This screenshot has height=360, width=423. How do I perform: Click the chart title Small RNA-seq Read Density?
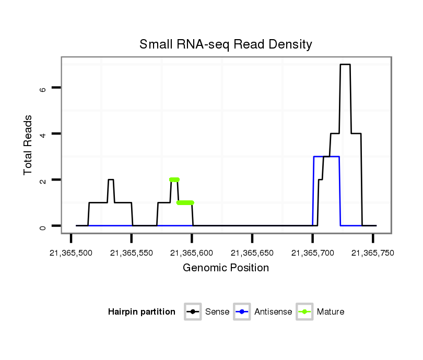pos(226,44)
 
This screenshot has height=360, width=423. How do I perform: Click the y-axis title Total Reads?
pos(28,145)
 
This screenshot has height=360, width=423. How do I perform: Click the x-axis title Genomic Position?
pos(226,268)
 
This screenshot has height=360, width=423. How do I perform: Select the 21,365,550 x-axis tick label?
pos(131,253)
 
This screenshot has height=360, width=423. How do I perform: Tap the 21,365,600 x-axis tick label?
pos(192,253)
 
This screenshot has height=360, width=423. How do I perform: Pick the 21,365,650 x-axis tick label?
pos(252,253)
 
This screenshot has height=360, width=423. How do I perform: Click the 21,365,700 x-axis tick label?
pos(312,253)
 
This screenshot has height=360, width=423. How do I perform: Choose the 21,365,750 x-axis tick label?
pos(372,253)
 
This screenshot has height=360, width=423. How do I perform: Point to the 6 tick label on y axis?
pos(43,88)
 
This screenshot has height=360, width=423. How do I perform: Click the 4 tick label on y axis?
pos(43,134)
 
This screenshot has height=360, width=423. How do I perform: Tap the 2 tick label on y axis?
pos(43,180)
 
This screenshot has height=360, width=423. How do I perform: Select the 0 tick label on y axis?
pos(43,226)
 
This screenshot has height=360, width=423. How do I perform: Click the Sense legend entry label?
pos(217,312)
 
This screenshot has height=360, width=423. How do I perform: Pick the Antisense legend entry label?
pos(273,312)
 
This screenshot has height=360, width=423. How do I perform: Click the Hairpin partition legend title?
pos(142,312)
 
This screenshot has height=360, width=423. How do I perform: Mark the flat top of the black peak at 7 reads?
pos(345,65)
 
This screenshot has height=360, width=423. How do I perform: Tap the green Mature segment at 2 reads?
pos(174,179)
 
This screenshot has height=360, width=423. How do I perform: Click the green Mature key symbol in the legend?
pos(304,312)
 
